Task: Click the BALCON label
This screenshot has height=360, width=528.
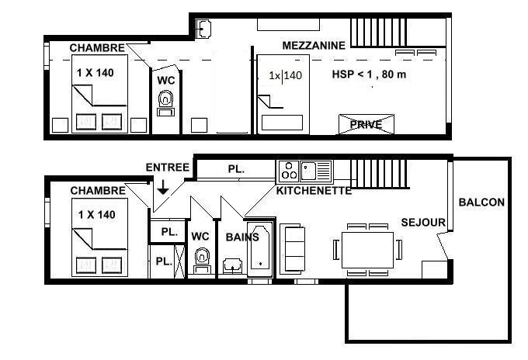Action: [481, 202]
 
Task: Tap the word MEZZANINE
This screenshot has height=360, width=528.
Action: [314, 46]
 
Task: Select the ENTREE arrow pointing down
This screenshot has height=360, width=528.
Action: [163, 187]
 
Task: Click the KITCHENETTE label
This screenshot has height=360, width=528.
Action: [314, 191]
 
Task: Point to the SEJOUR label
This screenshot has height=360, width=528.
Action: [423, 223]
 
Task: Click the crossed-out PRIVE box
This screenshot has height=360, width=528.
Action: [366, 124]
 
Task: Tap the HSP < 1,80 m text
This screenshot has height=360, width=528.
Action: [369, 74]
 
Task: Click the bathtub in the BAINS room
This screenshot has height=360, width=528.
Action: [260, 250]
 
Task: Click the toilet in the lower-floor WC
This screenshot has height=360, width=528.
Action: [203, 261]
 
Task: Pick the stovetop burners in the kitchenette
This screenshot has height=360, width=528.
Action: [289, 171]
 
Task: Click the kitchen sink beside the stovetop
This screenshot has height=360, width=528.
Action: [315, 171]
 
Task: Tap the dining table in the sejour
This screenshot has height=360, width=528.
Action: [367, 250]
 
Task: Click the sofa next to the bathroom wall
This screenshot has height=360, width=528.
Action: [293, 249]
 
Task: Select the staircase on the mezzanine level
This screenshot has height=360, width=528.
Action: [378, 33]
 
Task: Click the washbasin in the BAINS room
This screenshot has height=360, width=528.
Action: [232, 266]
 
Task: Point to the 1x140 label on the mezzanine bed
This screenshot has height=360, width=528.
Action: [285, 75]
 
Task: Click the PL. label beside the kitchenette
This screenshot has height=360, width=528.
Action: [236, 169]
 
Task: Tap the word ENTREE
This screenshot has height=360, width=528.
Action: [168, 168]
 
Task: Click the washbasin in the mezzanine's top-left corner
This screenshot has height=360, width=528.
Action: [203, 29]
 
